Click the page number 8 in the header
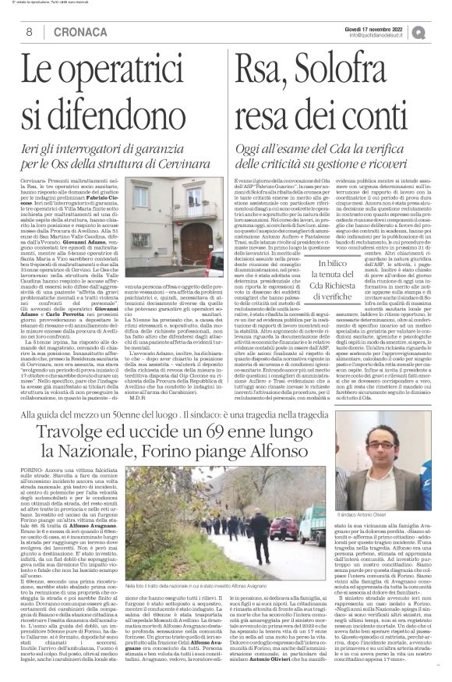point(28,31)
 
